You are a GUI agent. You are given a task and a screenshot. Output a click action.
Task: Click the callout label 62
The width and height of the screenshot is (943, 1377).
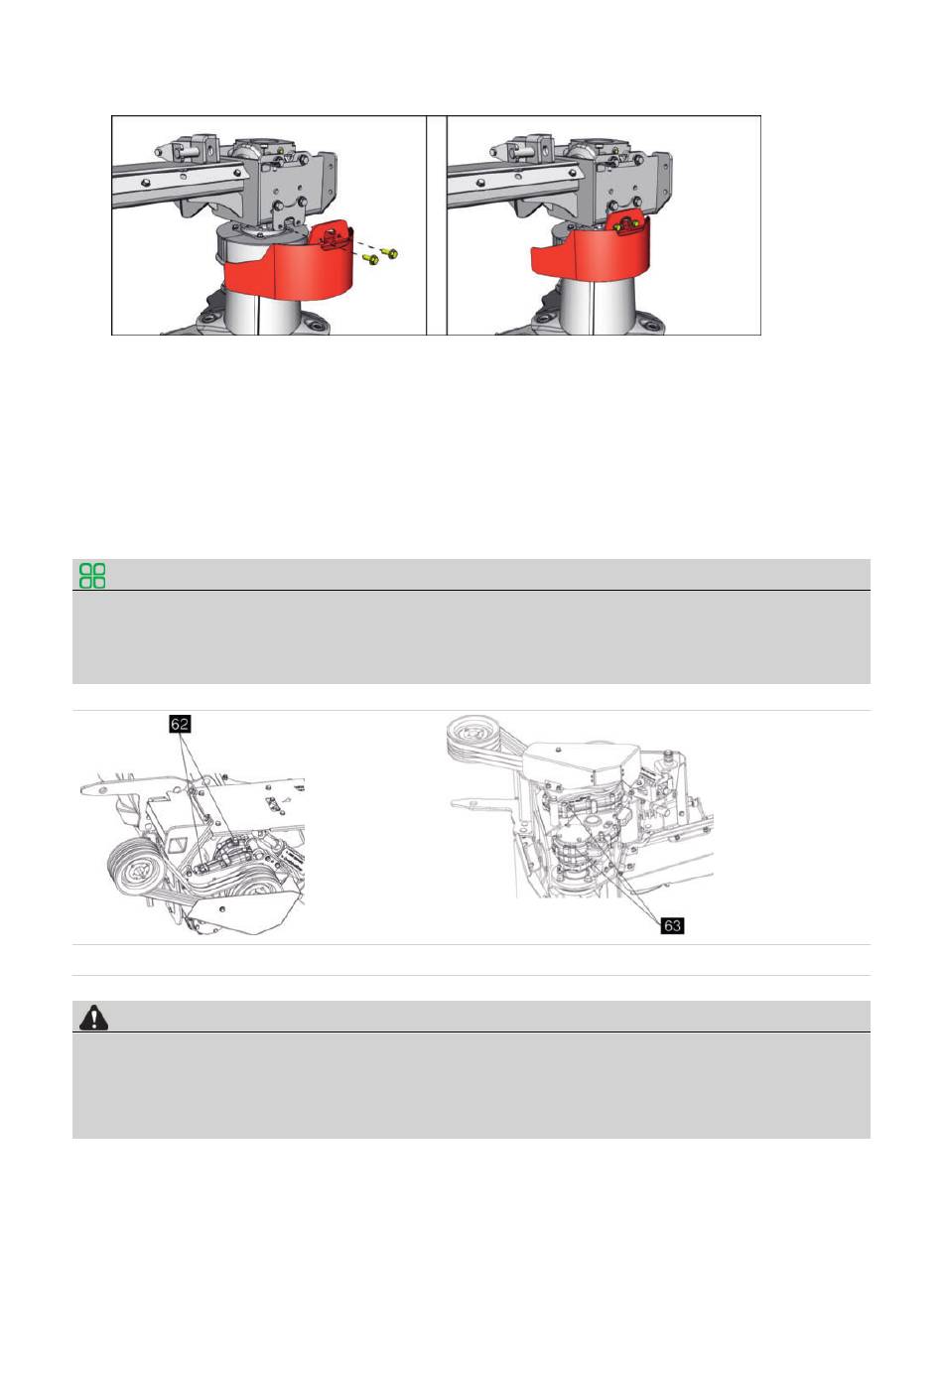coord(180,724)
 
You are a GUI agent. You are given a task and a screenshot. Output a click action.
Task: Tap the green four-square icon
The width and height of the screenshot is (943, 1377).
coord(92,576)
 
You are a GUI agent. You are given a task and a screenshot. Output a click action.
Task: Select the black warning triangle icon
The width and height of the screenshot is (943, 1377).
coord(93,1018)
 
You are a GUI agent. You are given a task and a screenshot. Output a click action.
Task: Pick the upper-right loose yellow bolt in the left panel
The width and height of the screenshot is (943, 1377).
coord(389,252)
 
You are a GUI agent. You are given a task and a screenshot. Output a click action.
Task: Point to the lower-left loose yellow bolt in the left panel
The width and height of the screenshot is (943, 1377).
coord(370,260)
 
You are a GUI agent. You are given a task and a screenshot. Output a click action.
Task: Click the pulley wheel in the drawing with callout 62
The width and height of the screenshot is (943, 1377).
coord(135,871)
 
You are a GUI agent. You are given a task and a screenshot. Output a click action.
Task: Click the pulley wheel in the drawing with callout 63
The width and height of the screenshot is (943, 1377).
coord(473,735)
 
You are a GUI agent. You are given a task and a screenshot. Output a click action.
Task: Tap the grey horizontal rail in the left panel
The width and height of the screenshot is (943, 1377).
coord(179,185)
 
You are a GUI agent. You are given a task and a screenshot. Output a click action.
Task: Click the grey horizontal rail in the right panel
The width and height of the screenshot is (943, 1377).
coord(513,185)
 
